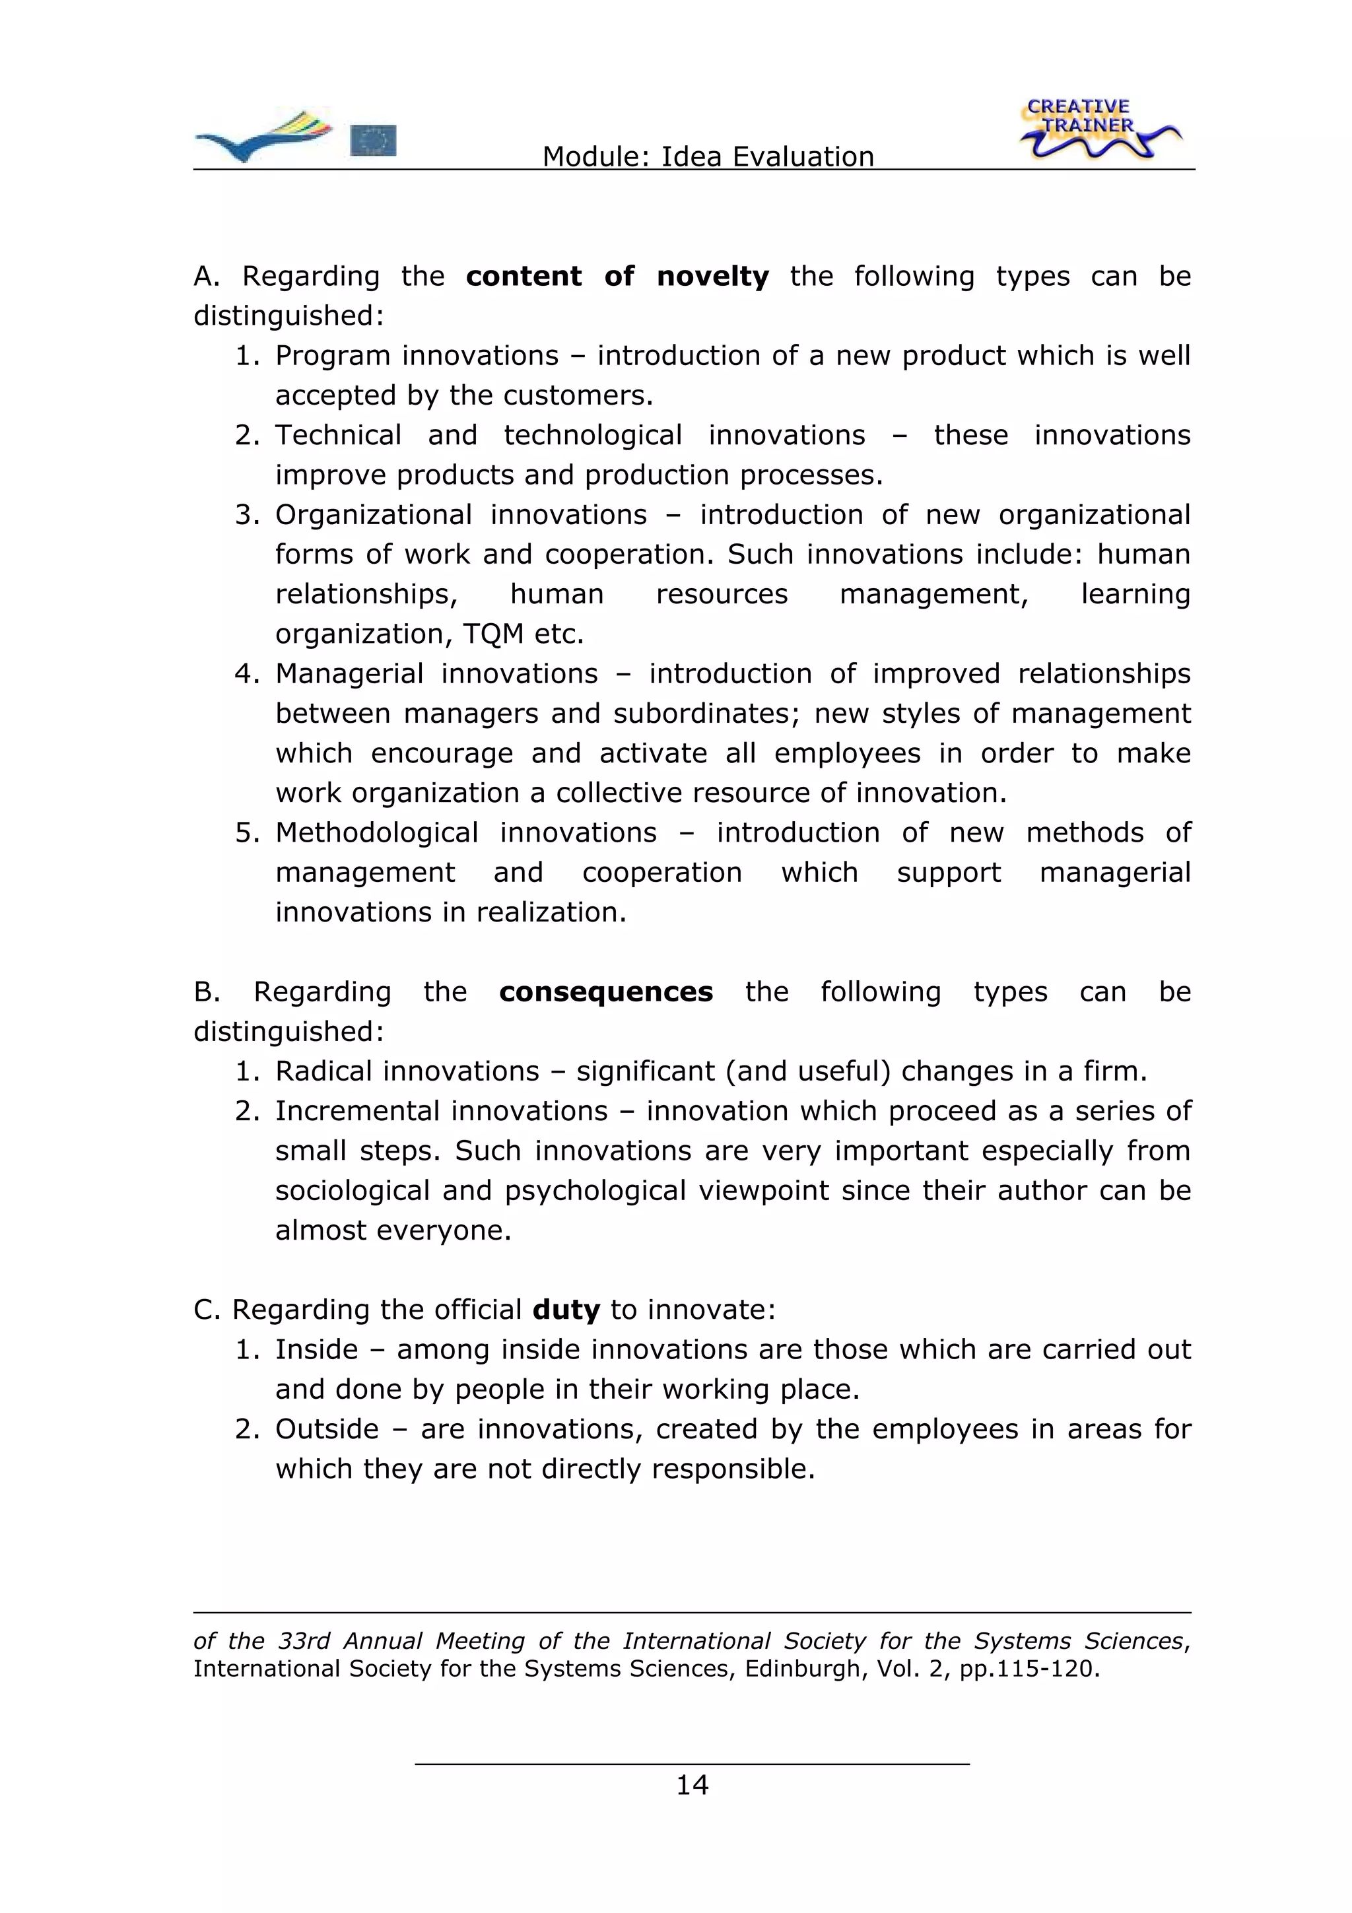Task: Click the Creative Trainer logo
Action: [x=1098, y=130]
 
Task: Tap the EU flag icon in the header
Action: [x=372, y=140]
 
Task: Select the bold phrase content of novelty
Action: [x=617, y=276]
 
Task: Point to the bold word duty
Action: [x=566, y=1310]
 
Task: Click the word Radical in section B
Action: [x=324, y=1071]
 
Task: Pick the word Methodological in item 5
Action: [x=376, y=832]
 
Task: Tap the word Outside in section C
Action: [x=327, y=1429]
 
